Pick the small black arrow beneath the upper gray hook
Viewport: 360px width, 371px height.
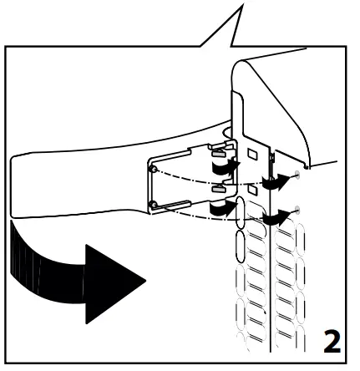(223, 170)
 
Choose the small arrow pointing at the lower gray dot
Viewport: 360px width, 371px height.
(272, 216)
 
